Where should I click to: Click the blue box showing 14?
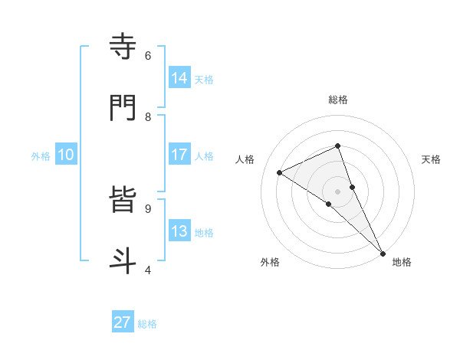[179, 77]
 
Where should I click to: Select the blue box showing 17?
[179, 155]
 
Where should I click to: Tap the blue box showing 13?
[179, 231]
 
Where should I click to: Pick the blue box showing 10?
[66, 155]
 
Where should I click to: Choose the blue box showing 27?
[123, 322]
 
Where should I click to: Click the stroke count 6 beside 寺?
[148, 56]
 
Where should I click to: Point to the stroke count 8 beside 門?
[148, 116]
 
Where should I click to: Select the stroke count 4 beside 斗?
[148, 270]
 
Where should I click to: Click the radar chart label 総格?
[338, 100]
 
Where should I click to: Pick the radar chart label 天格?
[432, 159]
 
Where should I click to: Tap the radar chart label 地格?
[402, 262]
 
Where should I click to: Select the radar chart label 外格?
[270, 262]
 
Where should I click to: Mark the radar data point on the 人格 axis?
[280, 172]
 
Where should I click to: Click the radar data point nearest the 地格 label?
[383, 252]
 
